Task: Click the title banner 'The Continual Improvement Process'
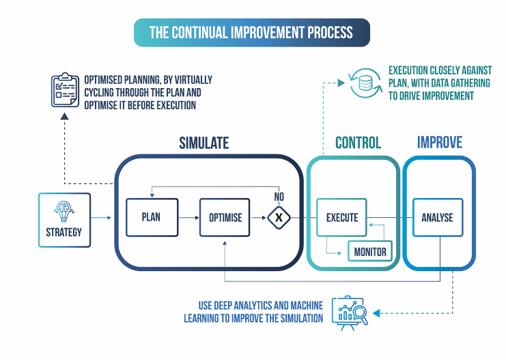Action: (251, 32)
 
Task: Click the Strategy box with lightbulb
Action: (64, 219)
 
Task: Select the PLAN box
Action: (152, 217)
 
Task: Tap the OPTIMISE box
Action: (225, 217)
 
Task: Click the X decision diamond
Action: (278, 217)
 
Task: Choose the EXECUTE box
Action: (341, 217)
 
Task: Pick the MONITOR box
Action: (370, 251)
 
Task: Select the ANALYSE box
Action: (437, 217)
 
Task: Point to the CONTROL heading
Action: (358, 143)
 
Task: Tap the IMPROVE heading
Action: (440, 143)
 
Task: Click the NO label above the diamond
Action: (278, 195)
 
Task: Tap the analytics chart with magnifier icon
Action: (350, 313)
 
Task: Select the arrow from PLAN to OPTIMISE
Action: (188, 217)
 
